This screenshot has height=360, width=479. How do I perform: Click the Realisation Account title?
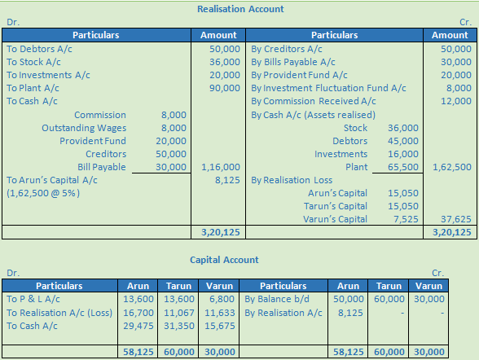click(240, 9)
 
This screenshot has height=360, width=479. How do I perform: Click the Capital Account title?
click(224, 260)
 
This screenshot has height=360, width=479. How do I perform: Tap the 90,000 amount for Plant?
click(224, 88)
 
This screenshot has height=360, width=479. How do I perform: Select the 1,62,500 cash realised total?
click(454, 167)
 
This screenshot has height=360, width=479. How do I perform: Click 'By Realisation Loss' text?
click(291, 180)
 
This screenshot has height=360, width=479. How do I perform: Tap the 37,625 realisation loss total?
click(456, 219)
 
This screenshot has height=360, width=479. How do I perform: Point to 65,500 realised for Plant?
click(404, 167)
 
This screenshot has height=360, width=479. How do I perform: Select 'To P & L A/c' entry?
click(34, 299)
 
